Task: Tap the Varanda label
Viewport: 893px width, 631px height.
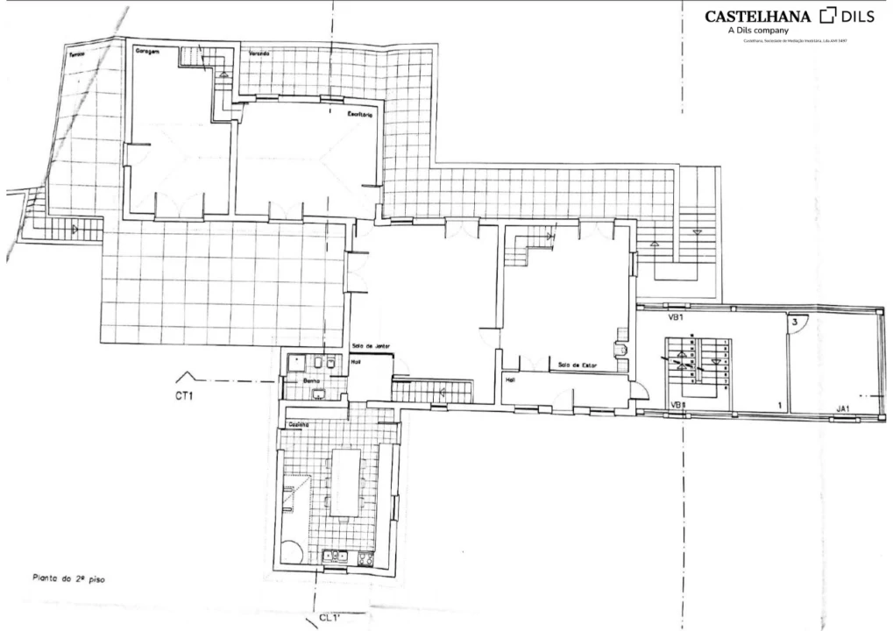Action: (x=259, y=54)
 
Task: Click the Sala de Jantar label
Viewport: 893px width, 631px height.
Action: (x=369, y=347)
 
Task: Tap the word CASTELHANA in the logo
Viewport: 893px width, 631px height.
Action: (x=758, y=16)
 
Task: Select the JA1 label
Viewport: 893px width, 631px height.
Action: (x=844, y=408)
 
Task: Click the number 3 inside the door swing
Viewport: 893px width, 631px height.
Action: (x=794, y=323)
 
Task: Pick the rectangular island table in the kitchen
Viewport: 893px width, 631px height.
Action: (x=344, y=482)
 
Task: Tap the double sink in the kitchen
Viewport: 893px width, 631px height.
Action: (x=336, y=556)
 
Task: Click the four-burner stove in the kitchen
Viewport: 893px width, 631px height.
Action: (x=365, y=557)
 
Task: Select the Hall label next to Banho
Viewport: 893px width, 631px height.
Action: (x=357, y=360)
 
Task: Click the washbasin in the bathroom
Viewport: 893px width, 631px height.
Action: (x=319, y=393)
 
